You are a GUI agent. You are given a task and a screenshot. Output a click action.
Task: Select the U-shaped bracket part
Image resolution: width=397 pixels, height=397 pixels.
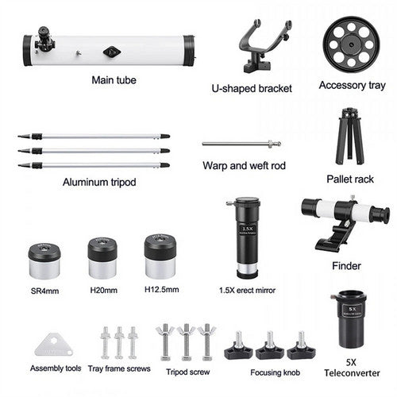pyautogui.click(x=261, y=44)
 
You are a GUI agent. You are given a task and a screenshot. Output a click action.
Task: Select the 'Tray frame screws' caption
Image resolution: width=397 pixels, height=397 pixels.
pyautogui.click(x=119, y=368)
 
